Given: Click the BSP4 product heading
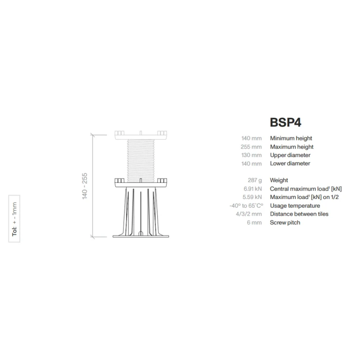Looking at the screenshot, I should click(x=288, y=121).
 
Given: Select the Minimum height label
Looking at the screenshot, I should click(x=291, y=139).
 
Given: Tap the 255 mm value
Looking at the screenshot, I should click(x=251, y=147).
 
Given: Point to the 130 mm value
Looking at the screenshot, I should click(x=251, y=155).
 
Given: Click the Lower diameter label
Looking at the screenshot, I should click(x=290, y=163).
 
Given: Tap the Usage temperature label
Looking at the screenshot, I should click(x=295, y=206).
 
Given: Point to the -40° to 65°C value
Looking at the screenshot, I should click(x=246, y=206).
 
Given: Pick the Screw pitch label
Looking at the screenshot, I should click(x=285, y=222).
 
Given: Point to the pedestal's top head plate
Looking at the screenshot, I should click(x=141, y=133).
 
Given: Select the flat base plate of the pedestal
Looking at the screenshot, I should click(x=141, y=236).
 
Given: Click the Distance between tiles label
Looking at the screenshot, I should click(x=299, y=214).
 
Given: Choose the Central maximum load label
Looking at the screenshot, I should click(x=306, y=189).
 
